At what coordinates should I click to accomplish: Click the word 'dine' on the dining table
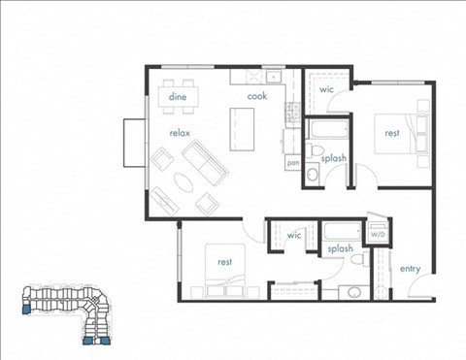point(178,97)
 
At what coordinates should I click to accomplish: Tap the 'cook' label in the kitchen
point(256,97)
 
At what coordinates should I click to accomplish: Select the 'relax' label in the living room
point(179,132)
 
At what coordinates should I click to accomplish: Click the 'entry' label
point(411,268)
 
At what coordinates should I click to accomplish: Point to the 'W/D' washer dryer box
point(376,235)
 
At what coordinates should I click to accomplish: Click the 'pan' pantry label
point(292,163)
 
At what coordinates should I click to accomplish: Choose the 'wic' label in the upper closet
point(326,90)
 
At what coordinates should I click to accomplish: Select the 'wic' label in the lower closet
point(295,235)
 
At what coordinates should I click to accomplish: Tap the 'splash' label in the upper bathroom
point(334,157)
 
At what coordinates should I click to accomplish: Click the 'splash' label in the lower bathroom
point(339,249)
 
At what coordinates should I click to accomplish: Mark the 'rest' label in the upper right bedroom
point(392,132)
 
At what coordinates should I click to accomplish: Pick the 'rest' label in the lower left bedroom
point(224,261)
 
